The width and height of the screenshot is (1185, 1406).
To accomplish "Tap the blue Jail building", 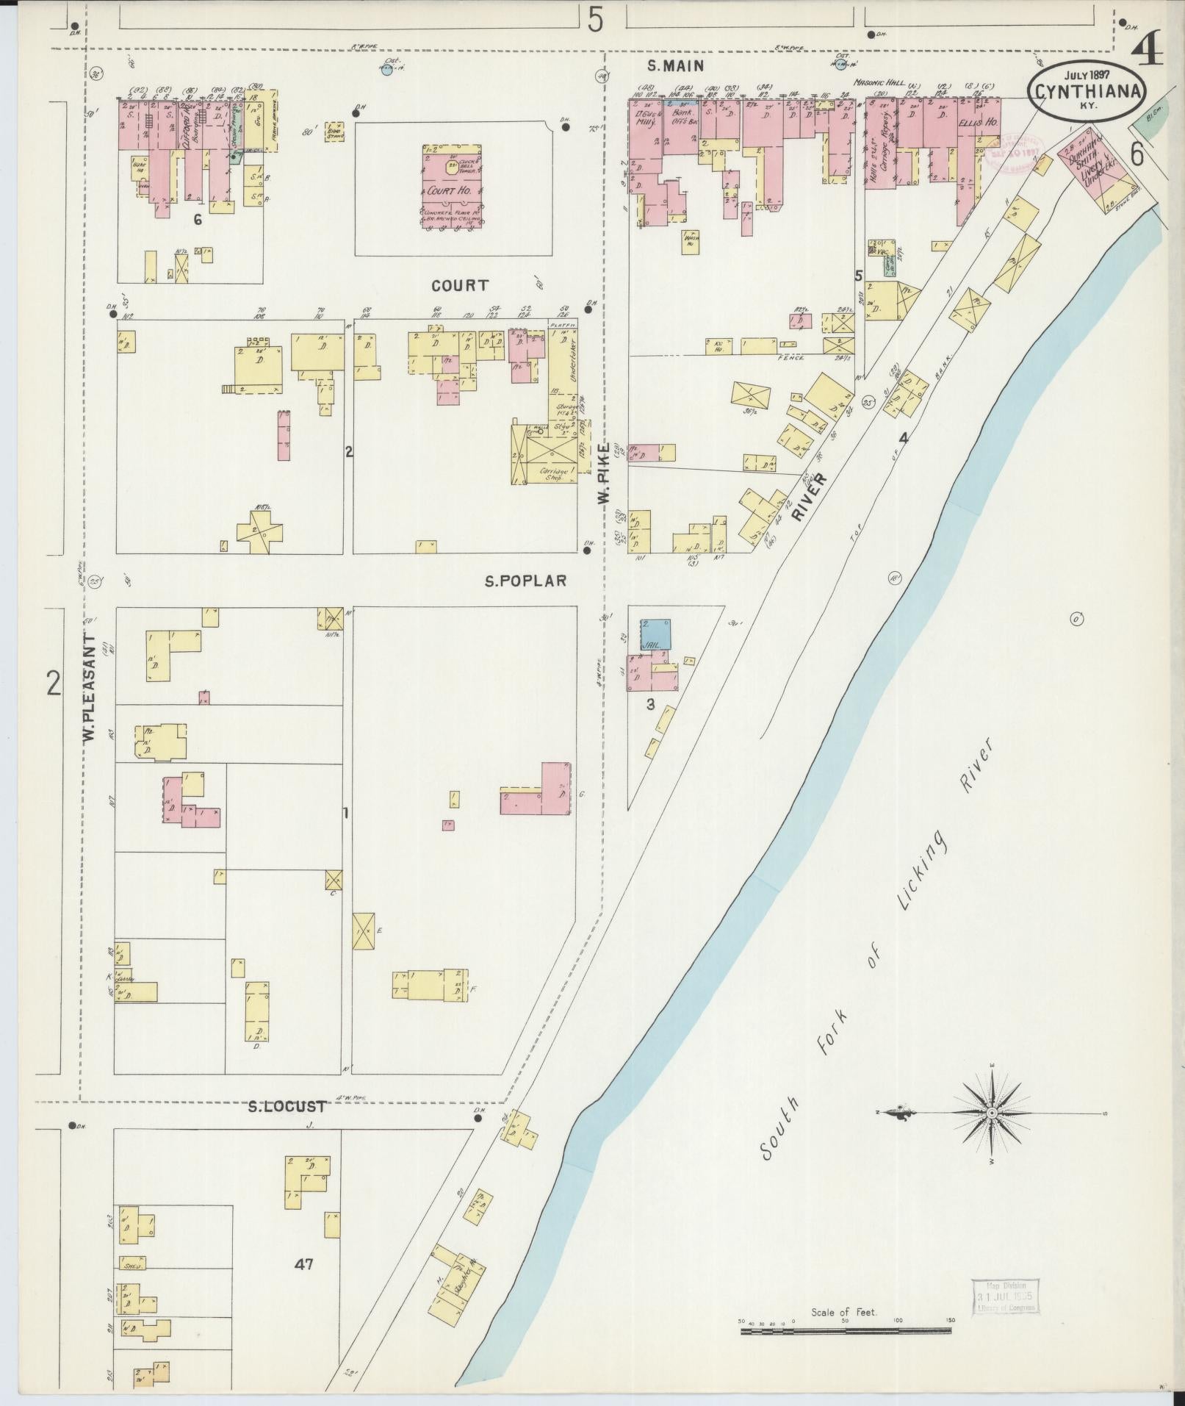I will (x=655, y=633).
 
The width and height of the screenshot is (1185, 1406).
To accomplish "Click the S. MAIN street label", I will (x=675, y=66).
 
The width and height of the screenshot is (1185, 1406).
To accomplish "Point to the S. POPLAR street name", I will (x=525, y=581).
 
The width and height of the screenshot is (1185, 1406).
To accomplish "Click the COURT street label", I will (x=460, y=285).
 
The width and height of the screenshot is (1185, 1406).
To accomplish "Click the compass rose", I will (x=991, y=1133).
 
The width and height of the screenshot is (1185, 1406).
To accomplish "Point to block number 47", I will (x=304, y=1264).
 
